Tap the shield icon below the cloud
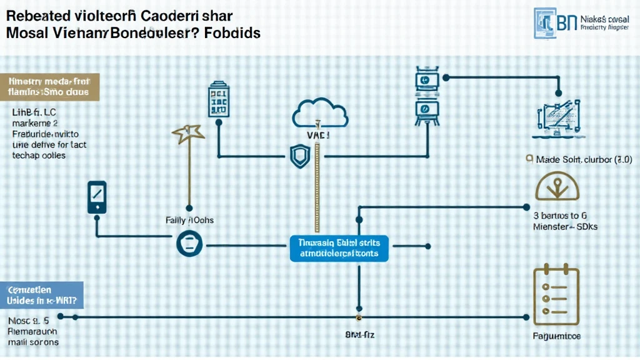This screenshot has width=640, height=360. [299, 156]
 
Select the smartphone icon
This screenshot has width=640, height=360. [97, 198]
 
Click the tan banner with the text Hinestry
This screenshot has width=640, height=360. [49, 86]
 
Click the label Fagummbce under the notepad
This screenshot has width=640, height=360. [556, 336]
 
